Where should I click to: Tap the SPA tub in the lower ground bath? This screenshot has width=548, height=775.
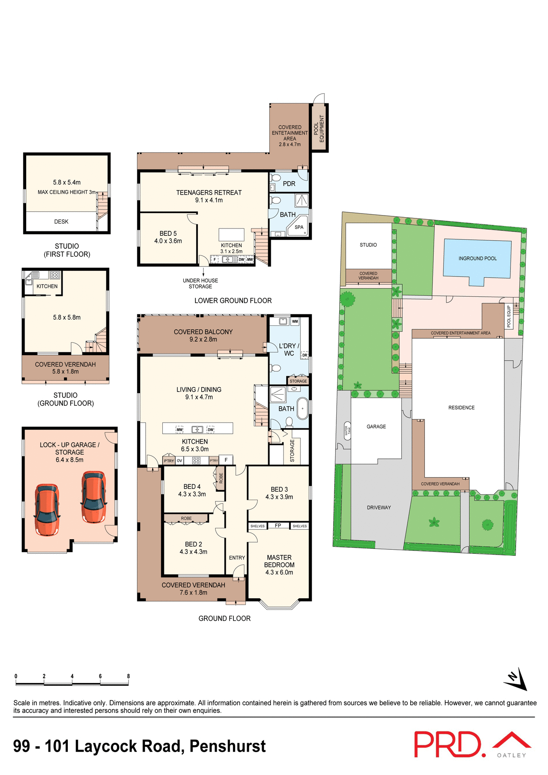(299, 227)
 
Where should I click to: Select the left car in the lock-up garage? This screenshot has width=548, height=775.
(47, 510)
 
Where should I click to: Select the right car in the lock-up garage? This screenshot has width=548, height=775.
(94, 497)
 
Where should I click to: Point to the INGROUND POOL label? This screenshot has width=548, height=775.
(477, 258)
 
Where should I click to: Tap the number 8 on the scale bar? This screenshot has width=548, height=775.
(128, 676)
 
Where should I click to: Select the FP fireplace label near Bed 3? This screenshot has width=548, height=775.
(278, 526)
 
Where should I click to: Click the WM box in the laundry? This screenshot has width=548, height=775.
(295, 321)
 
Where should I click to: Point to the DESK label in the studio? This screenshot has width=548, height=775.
(61, 222)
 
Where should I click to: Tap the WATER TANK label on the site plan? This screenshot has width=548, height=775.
(346, 431)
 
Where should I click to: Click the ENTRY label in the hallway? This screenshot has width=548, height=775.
(237, 558)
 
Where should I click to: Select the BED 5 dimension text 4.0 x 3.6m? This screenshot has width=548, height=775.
(168, 241)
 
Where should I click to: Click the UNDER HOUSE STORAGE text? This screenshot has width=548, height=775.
(200, 283)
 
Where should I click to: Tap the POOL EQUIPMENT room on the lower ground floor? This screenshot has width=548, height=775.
(319, 128)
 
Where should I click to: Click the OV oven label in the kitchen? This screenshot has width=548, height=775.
(179, 461)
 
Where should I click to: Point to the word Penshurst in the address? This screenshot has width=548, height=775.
(227, 746)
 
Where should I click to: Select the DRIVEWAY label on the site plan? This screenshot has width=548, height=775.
(379, 507)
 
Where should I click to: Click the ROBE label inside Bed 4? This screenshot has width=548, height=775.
(221, 478)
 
